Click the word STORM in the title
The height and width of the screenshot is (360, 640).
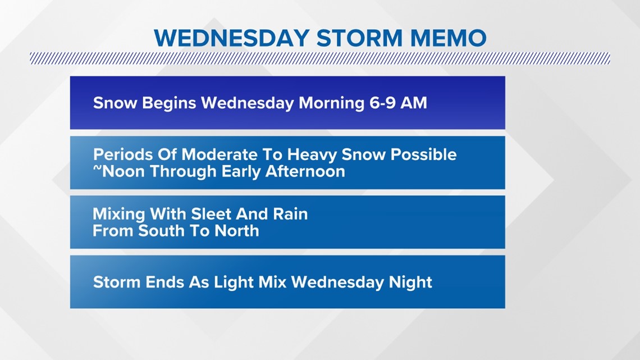[359, 38]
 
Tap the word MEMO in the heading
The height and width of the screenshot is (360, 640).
[448, 38]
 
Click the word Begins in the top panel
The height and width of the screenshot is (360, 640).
[169, 103]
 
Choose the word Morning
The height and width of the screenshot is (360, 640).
[331, 103]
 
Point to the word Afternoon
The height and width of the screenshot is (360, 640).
[305, 171]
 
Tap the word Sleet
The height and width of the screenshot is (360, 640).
[211, 214]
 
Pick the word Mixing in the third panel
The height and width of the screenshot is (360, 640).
[119, 215]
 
